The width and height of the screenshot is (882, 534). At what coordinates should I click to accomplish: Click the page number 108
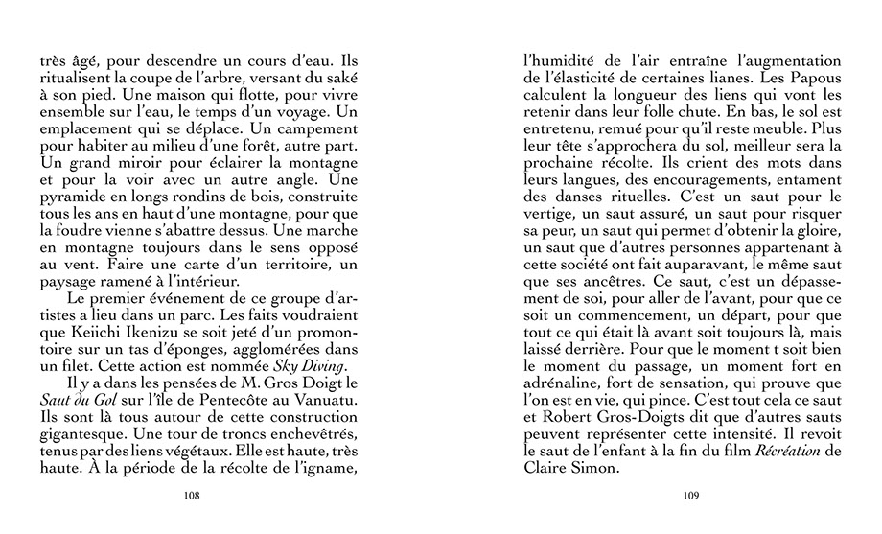192,496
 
